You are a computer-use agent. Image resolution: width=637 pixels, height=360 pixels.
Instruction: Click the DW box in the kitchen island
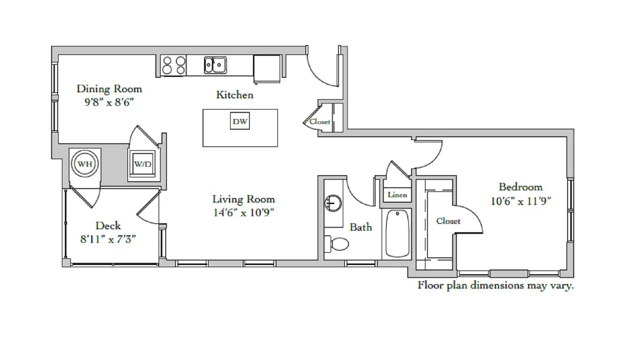(240, 121)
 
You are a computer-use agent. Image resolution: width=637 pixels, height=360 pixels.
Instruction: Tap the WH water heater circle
(85, 164)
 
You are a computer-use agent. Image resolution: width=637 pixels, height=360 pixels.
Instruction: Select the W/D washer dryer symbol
(142, 164)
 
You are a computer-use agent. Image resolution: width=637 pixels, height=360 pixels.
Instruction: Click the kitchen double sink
(215, 65)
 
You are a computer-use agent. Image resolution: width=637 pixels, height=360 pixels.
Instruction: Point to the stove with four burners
(173, 65)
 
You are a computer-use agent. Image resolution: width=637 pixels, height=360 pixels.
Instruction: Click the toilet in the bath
(337, 244)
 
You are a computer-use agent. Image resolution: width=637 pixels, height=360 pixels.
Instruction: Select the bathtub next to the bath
(397, 233)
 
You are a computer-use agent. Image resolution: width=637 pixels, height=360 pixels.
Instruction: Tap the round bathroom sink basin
(333, 203)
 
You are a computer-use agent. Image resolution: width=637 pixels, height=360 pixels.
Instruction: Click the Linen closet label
(397, 195)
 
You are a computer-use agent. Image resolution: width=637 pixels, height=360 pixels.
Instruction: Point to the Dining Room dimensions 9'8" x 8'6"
(109, 102)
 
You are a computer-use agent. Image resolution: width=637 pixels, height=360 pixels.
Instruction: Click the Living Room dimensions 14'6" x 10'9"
(243, 212)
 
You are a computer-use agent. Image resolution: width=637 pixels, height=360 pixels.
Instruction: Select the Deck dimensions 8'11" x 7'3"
(108, 239)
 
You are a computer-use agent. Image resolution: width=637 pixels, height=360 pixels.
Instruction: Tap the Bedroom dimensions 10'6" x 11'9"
(521, 202)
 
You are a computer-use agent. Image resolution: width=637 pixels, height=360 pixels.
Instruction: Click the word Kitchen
(234, 95)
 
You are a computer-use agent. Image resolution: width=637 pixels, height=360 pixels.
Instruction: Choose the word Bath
(361, 227)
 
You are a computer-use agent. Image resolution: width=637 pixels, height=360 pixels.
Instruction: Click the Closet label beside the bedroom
(448, 221)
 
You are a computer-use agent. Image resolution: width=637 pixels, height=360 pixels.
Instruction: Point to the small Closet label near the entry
(320, 122)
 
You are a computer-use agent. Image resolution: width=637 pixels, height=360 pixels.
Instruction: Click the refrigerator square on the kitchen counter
(267, 69)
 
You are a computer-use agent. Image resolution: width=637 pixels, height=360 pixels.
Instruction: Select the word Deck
(108, 225)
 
